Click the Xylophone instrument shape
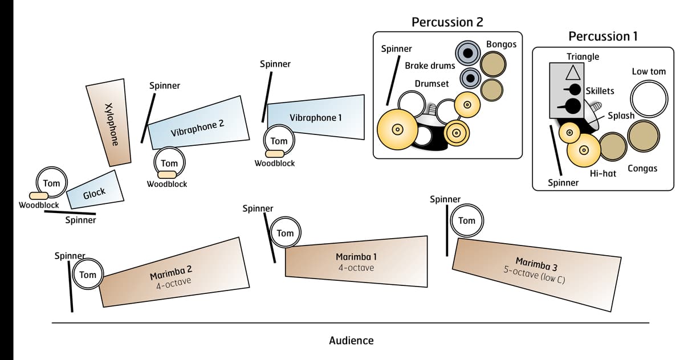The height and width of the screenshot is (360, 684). pyautogui.click(x=111, y=123)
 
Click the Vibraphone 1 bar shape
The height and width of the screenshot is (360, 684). pyautogui.click(x=316, y=117)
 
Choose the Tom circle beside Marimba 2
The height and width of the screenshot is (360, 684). pyautogui.click(x=88, y=275)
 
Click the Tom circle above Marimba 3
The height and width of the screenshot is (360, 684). pyautogui.click(x=466, y=221)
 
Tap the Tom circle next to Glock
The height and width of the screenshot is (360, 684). pyautogui.click(x=51, y=183)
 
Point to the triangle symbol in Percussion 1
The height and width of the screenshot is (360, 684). pyautogui.click(x=572, y=73)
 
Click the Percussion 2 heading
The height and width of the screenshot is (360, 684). pyautogui.click(x=447, y=22)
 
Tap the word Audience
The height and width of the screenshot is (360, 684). pyautogui.click(x=351, y=341)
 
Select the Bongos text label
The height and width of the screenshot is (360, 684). pyautogui.click(x=501, y=44)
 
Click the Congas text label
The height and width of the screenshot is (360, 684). pyautogui.click(x=642, y=169)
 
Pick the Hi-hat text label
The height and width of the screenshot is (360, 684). pyautogui.click(x=603, y=173)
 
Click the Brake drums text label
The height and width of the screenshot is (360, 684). pyautogui.click(x=430, y=66)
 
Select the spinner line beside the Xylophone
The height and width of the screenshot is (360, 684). pyautogui.click(x=148, y=118)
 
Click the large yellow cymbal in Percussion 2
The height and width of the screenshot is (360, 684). pyautogui.click(x=397, y=129)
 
